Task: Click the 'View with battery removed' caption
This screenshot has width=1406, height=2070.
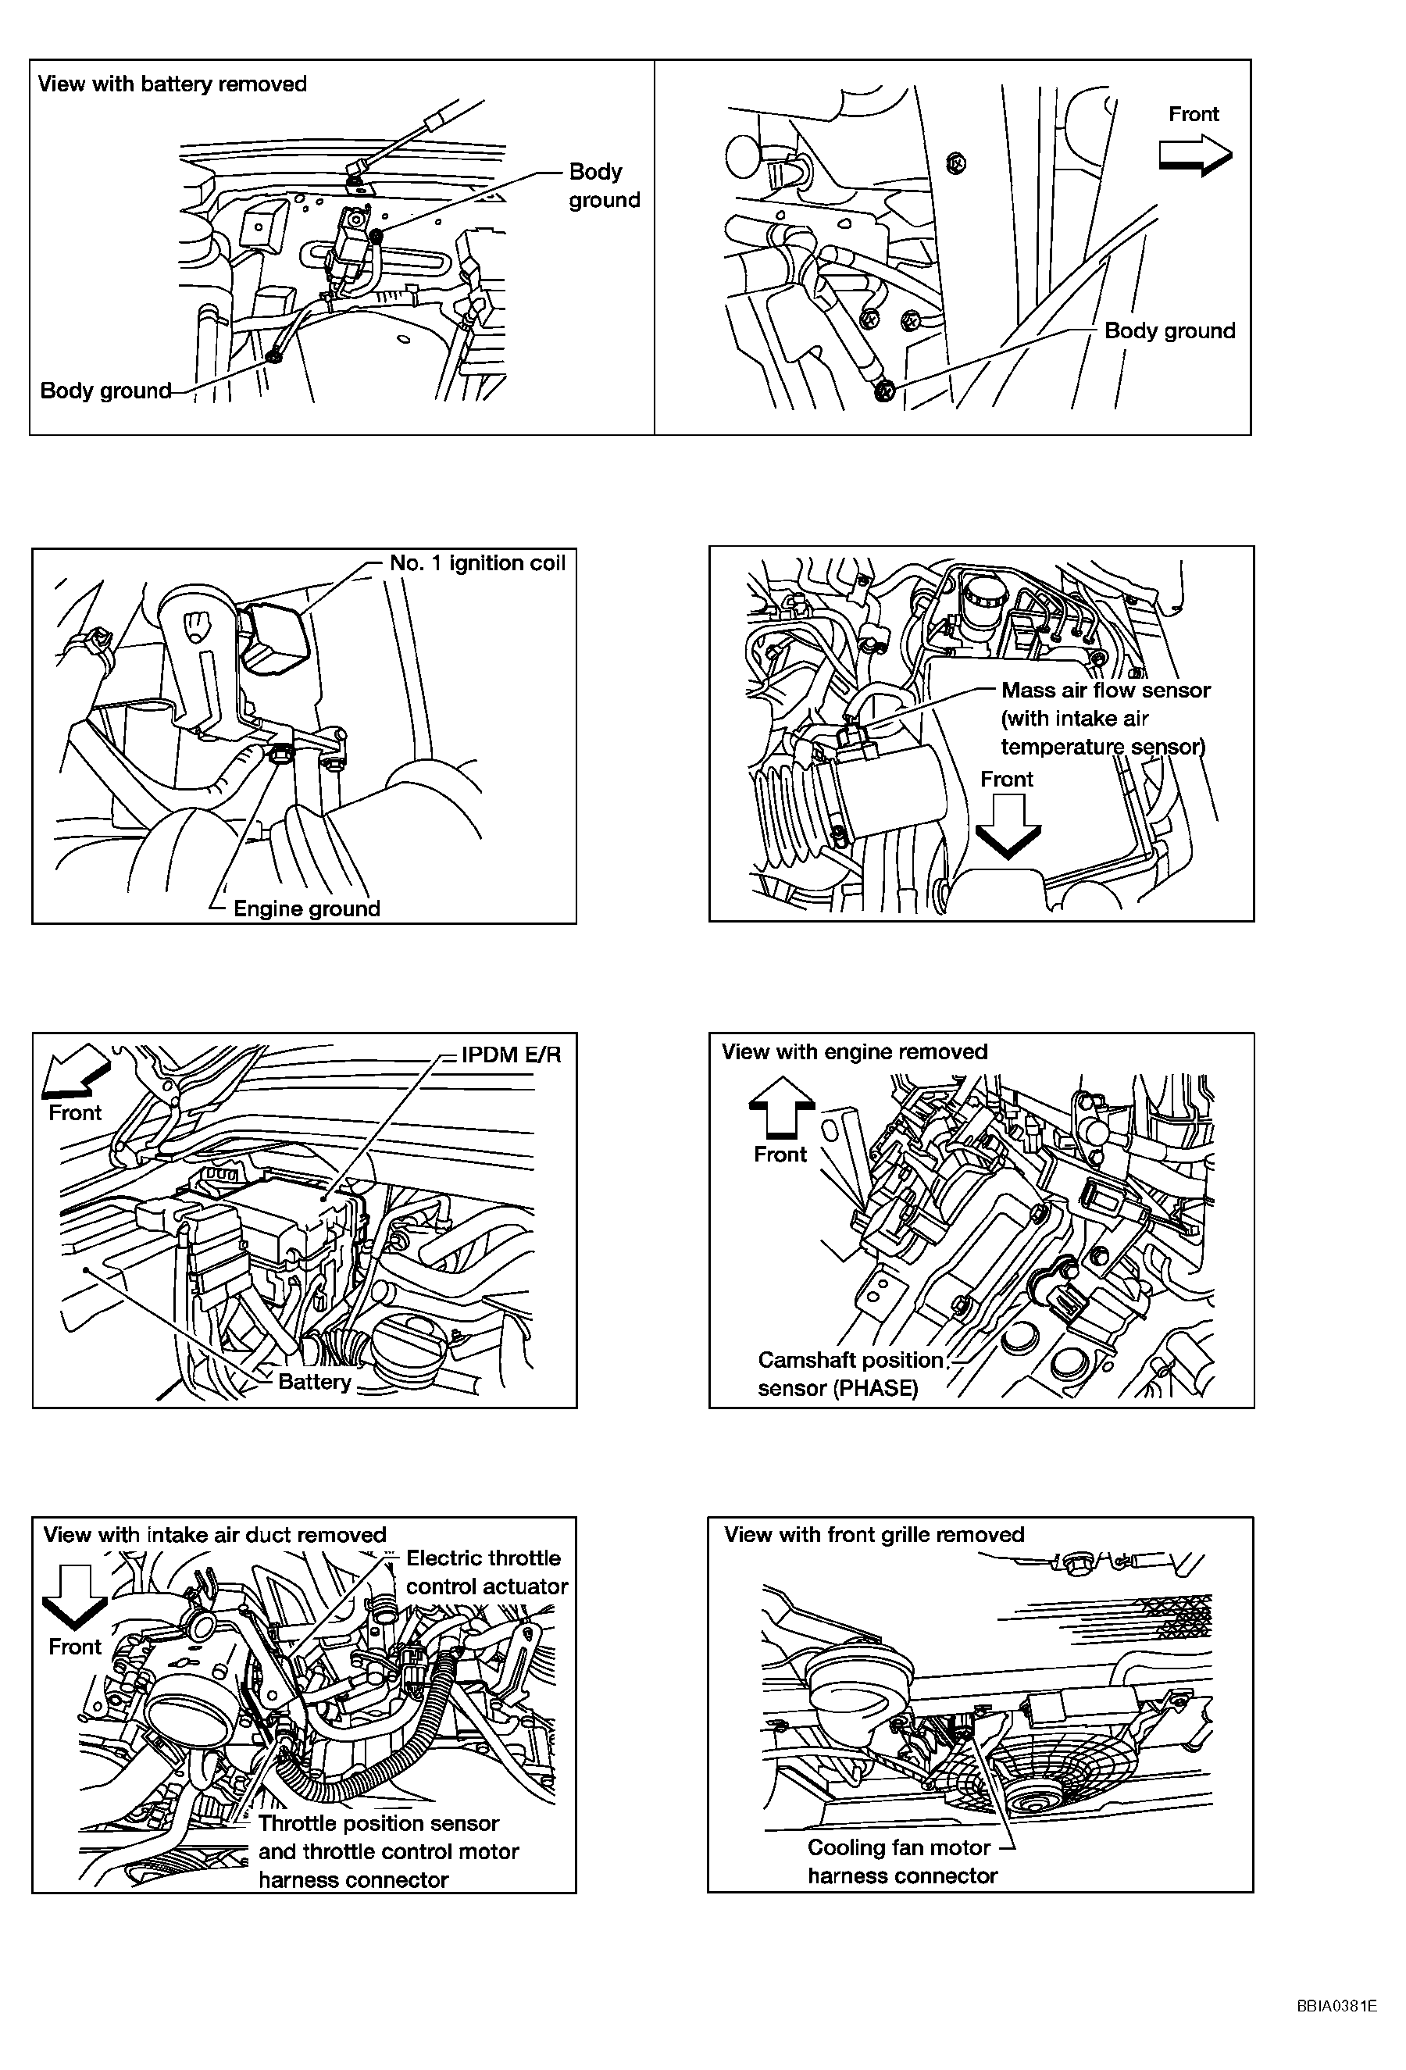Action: [172, 84]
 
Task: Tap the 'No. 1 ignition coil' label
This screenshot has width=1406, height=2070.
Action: [477, 563]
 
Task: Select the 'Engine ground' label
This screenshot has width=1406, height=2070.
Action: [306, 908]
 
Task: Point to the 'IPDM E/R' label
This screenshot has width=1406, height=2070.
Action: [511, 1055]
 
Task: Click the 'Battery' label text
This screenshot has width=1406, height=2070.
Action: [314, 1382]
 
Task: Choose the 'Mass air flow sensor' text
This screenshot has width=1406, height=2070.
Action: [1106, 691]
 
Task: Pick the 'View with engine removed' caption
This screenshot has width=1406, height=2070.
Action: [854, 1052]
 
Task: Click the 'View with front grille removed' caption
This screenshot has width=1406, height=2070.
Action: [873, 1535]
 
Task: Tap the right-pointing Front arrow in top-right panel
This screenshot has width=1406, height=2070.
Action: [1195, 156]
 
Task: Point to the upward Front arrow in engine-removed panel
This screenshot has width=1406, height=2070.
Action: [781, 1105]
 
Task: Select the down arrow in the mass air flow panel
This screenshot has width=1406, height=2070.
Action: [1007, 826]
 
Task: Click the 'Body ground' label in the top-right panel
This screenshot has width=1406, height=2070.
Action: [1169, 331]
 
